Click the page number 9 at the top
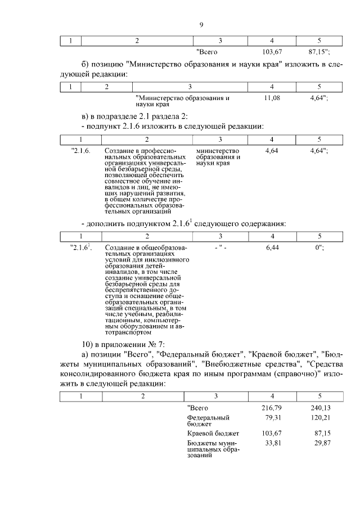201,24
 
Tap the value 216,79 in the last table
271,407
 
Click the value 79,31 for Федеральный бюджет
273,418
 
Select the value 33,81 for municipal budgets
273,443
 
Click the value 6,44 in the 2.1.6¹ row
272,247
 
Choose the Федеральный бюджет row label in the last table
208,421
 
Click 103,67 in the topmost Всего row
272,52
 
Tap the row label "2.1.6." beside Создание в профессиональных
81,151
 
